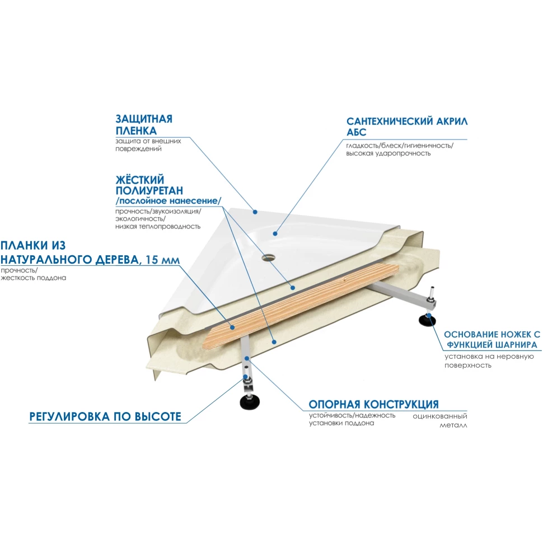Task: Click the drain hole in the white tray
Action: (268, 258)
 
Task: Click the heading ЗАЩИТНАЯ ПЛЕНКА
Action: (144, 125)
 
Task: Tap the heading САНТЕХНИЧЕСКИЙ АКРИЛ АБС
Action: (407, 127)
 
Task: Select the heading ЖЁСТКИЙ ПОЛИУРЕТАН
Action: (149, 185)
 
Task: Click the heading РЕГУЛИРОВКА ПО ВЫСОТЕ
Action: (105, 416)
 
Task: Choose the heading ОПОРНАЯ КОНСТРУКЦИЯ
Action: (373, 404)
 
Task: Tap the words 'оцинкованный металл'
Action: (440, 420)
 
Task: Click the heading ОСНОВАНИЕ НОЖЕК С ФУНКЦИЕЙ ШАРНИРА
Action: (491, 339)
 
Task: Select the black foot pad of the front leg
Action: (250, 402)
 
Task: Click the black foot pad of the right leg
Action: (427, 320)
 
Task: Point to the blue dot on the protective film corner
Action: (255, 212)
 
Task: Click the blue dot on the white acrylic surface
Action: (275, 234)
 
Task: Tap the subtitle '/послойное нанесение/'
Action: (168, 201)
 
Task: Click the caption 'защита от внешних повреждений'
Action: (148, 145)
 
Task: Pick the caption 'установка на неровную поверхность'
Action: (489, 361)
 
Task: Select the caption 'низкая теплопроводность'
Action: (158, 227)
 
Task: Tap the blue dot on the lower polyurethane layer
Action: (274, 342)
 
